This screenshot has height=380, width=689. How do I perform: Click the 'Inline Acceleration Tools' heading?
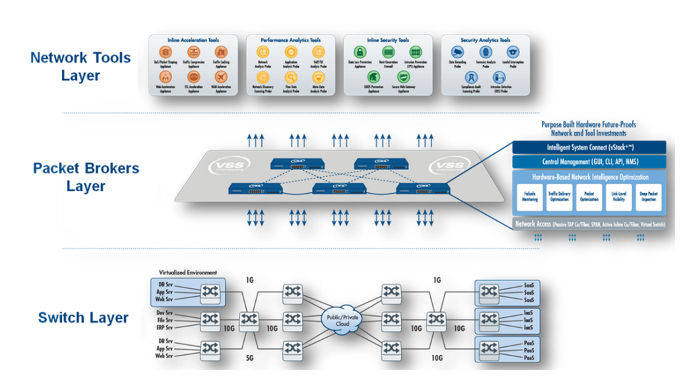[x=193, y=40]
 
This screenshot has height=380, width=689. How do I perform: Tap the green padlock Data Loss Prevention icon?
[x=360, y=52]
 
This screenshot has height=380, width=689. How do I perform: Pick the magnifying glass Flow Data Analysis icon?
[x=291, y=78]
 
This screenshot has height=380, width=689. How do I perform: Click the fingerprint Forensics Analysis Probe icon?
[x=485, y=52]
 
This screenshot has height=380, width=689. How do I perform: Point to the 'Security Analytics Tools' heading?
[x=485, y=40]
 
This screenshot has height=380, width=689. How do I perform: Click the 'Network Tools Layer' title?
[x=81, y=66]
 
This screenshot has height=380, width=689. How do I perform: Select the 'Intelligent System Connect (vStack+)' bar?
[x=589, y=147]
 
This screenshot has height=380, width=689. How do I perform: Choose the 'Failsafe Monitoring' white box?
[x=530, y=197]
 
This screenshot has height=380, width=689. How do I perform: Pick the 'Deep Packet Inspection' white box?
[x=648, y=197]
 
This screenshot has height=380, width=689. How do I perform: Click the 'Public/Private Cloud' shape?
[x=342, y=320]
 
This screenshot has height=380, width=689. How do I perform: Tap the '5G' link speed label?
[x=250, y=358]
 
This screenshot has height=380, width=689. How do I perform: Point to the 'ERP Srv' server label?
[x=165, y=327]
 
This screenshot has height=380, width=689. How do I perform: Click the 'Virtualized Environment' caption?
[x=188, y=273]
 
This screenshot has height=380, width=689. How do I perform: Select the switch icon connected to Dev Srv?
[x=210, y=320]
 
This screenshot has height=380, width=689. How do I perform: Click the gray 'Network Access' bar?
[x=589, y=224]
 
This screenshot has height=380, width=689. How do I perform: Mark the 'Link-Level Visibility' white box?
[x=619, y=197]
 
